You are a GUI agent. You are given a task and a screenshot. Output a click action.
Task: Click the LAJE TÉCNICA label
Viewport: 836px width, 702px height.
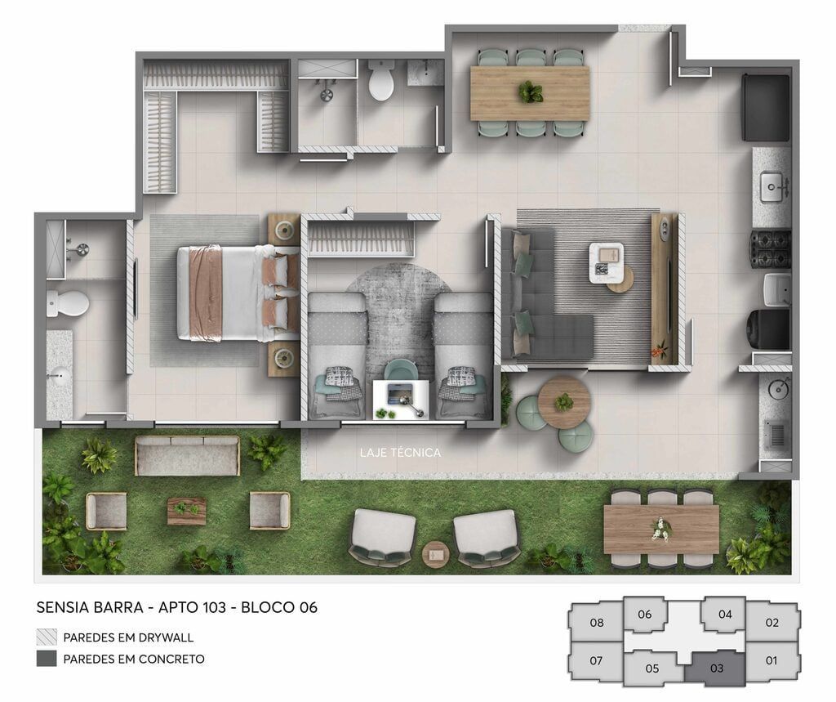coord(400,453)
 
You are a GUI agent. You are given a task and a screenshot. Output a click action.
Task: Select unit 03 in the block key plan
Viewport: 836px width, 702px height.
coord(717,668)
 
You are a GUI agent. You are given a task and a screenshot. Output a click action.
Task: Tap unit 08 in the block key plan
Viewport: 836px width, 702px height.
coord(597,623)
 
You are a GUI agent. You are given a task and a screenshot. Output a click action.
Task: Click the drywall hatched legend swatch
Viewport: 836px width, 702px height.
coord(47,637)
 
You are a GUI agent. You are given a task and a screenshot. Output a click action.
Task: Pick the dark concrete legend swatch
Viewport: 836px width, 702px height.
coord(47,659)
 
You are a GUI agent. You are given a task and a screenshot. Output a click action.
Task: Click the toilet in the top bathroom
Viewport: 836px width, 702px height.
coord(381,79)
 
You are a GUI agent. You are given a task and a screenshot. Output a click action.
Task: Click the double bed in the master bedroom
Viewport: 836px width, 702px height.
coord(238,293)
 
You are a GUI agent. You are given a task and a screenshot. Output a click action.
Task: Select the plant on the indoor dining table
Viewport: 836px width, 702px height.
coord(531,92)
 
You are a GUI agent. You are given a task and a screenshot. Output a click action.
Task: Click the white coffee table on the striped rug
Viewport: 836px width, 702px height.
coord(607,263)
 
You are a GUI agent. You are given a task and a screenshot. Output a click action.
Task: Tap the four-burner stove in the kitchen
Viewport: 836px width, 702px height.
coord(771,248)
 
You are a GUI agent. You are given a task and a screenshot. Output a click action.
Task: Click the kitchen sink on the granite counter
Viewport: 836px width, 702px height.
coord(775,187)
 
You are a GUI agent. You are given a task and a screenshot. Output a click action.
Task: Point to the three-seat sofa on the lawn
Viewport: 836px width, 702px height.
coord(188,455)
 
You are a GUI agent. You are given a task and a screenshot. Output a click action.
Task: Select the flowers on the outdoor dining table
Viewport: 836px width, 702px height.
coord(660,529)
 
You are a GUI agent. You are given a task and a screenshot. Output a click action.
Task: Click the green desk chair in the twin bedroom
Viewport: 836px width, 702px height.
coord(401,370)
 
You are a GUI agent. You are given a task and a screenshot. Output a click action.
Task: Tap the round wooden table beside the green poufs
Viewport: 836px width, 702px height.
coord(564,402)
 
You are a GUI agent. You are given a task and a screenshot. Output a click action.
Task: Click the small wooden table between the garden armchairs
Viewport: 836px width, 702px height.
coord(186,511)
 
